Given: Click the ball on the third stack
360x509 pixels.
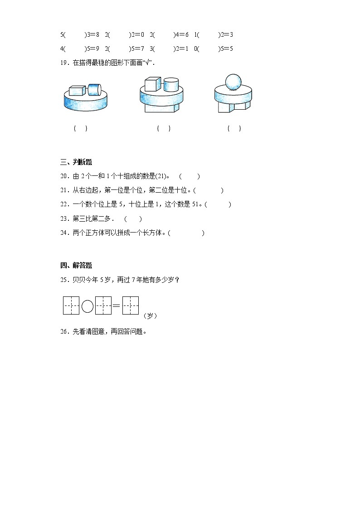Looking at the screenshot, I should click(x=234, y=82).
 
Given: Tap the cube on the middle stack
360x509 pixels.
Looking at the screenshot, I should click(x=152, y=84).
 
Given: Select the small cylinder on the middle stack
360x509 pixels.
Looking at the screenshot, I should click(x=171, y=85).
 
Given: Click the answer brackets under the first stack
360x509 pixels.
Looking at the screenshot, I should click(x=81, y=129).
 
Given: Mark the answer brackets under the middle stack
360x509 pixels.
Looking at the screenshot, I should click(x=164, y=129).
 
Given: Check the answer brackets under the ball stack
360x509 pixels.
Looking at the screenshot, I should click(x=234, y=129).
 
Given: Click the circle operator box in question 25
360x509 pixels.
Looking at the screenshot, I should click(x=88, y=307).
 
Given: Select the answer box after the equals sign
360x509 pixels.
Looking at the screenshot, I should click(x=131, y=306).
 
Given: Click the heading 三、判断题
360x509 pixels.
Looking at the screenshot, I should click(x=76, y=162).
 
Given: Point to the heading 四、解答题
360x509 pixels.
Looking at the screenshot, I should click(x=76, y=266).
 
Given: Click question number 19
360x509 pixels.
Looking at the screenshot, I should click(x=64, y=63).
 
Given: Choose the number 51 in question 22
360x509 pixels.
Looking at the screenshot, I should click(x=195, y=204).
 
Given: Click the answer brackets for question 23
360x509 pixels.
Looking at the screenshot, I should click(x=133, y=219).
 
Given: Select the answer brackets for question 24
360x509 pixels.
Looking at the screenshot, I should click(x=186, y=233).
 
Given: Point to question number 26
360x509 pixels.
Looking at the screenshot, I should click(x=64, y=331).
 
